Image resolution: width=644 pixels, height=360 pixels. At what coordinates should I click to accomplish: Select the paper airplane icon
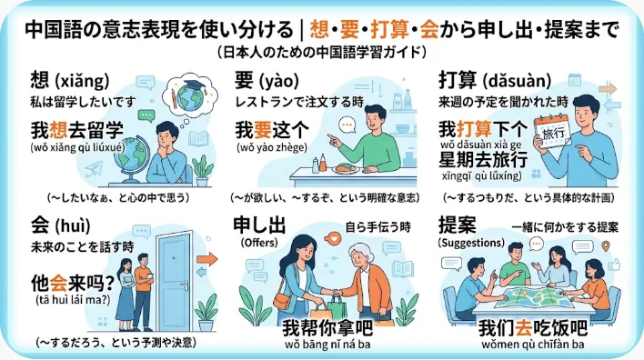tap(94, 169)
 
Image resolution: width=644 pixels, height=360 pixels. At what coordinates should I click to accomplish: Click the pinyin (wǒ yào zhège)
tap(271, 147)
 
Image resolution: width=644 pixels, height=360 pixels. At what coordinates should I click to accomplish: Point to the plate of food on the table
tap(345, 168)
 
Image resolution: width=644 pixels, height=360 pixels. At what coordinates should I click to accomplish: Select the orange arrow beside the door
tap(206, 259)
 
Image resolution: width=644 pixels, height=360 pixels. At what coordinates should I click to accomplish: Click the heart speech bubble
tap(333, 237)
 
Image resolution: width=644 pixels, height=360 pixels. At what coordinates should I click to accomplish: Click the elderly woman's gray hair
tap(360, 253)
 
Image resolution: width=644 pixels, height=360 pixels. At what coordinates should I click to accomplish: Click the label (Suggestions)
tap(471, 243)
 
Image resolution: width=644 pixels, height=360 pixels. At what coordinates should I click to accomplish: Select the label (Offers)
tap(259, 243)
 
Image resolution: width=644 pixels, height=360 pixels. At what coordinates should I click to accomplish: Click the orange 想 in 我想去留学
tap(58, 131)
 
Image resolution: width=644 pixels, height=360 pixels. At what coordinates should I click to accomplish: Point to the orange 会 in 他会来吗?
tap(58, 283)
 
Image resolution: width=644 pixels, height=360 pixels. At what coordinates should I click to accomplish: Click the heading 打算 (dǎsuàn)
tap(495, 81)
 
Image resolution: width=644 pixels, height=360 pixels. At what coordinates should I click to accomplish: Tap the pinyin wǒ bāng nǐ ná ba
tap(327, 344)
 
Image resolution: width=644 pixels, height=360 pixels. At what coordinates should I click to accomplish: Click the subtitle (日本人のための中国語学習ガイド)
tap(322, 52)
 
